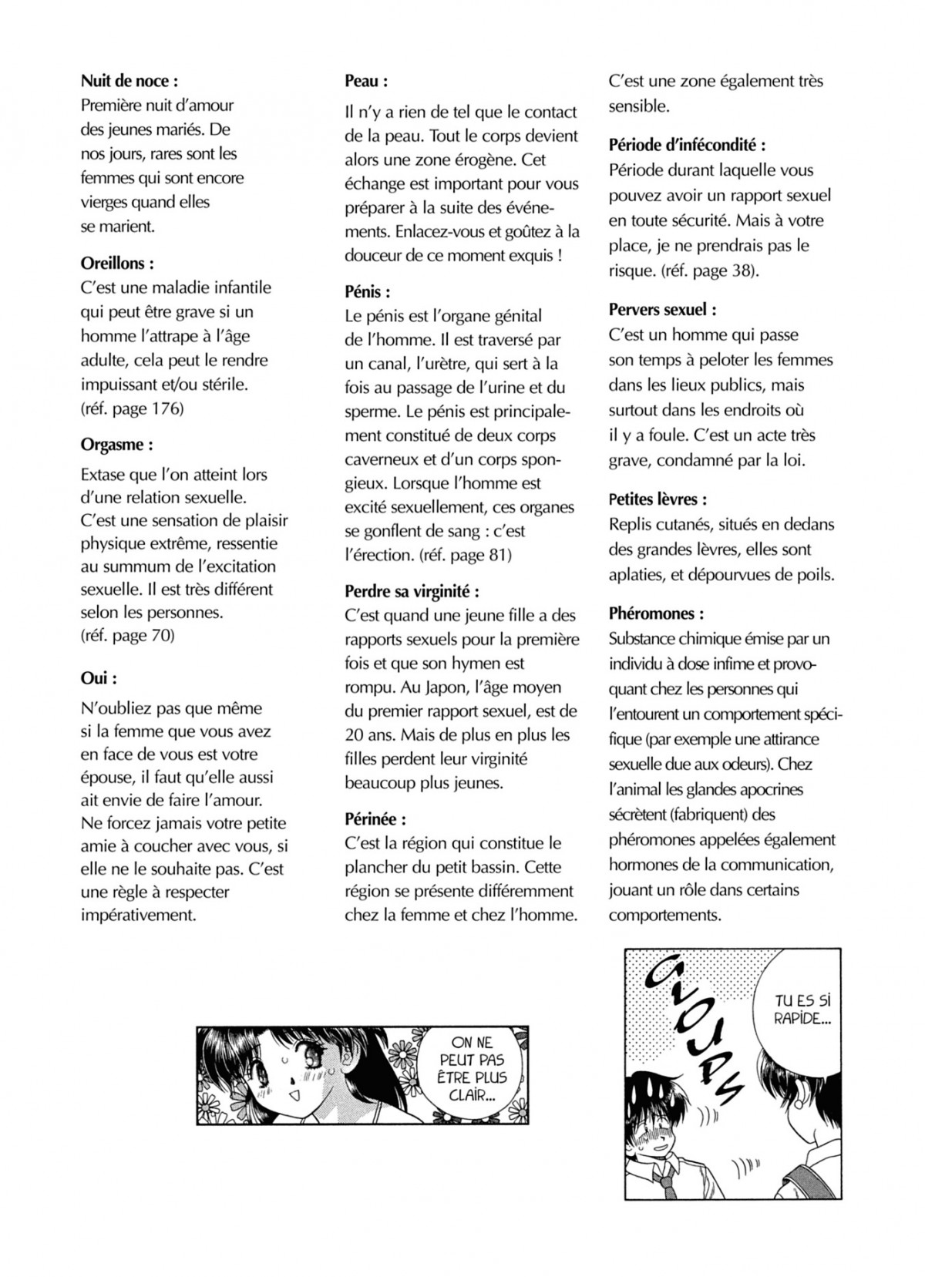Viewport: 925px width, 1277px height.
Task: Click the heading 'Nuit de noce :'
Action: click(129, 81)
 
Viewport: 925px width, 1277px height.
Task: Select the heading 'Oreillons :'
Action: click(117, 264)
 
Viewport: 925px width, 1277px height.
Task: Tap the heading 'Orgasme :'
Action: click(116, 445)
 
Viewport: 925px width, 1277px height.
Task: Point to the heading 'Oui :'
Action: click(99, 679)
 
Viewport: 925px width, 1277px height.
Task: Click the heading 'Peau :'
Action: click(366, 81)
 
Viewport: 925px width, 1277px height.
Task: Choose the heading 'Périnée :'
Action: click(375, 819)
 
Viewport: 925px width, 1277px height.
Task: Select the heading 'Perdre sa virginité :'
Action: click(412, 592)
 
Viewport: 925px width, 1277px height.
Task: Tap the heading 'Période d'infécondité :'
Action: click(687, 145)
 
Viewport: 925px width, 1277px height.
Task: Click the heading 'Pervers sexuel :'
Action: click(663, 310)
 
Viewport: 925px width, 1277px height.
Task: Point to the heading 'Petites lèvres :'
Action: click(658, 499)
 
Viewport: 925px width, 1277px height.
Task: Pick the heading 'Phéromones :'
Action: click(656, 614)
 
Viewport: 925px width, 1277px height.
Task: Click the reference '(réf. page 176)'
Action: click(132, 408)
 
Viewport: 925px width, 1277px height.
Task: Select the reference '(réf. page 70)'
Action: click(127, 636)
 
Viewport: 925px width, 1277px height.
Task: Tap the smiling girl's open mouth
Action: click(293, 1094)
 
